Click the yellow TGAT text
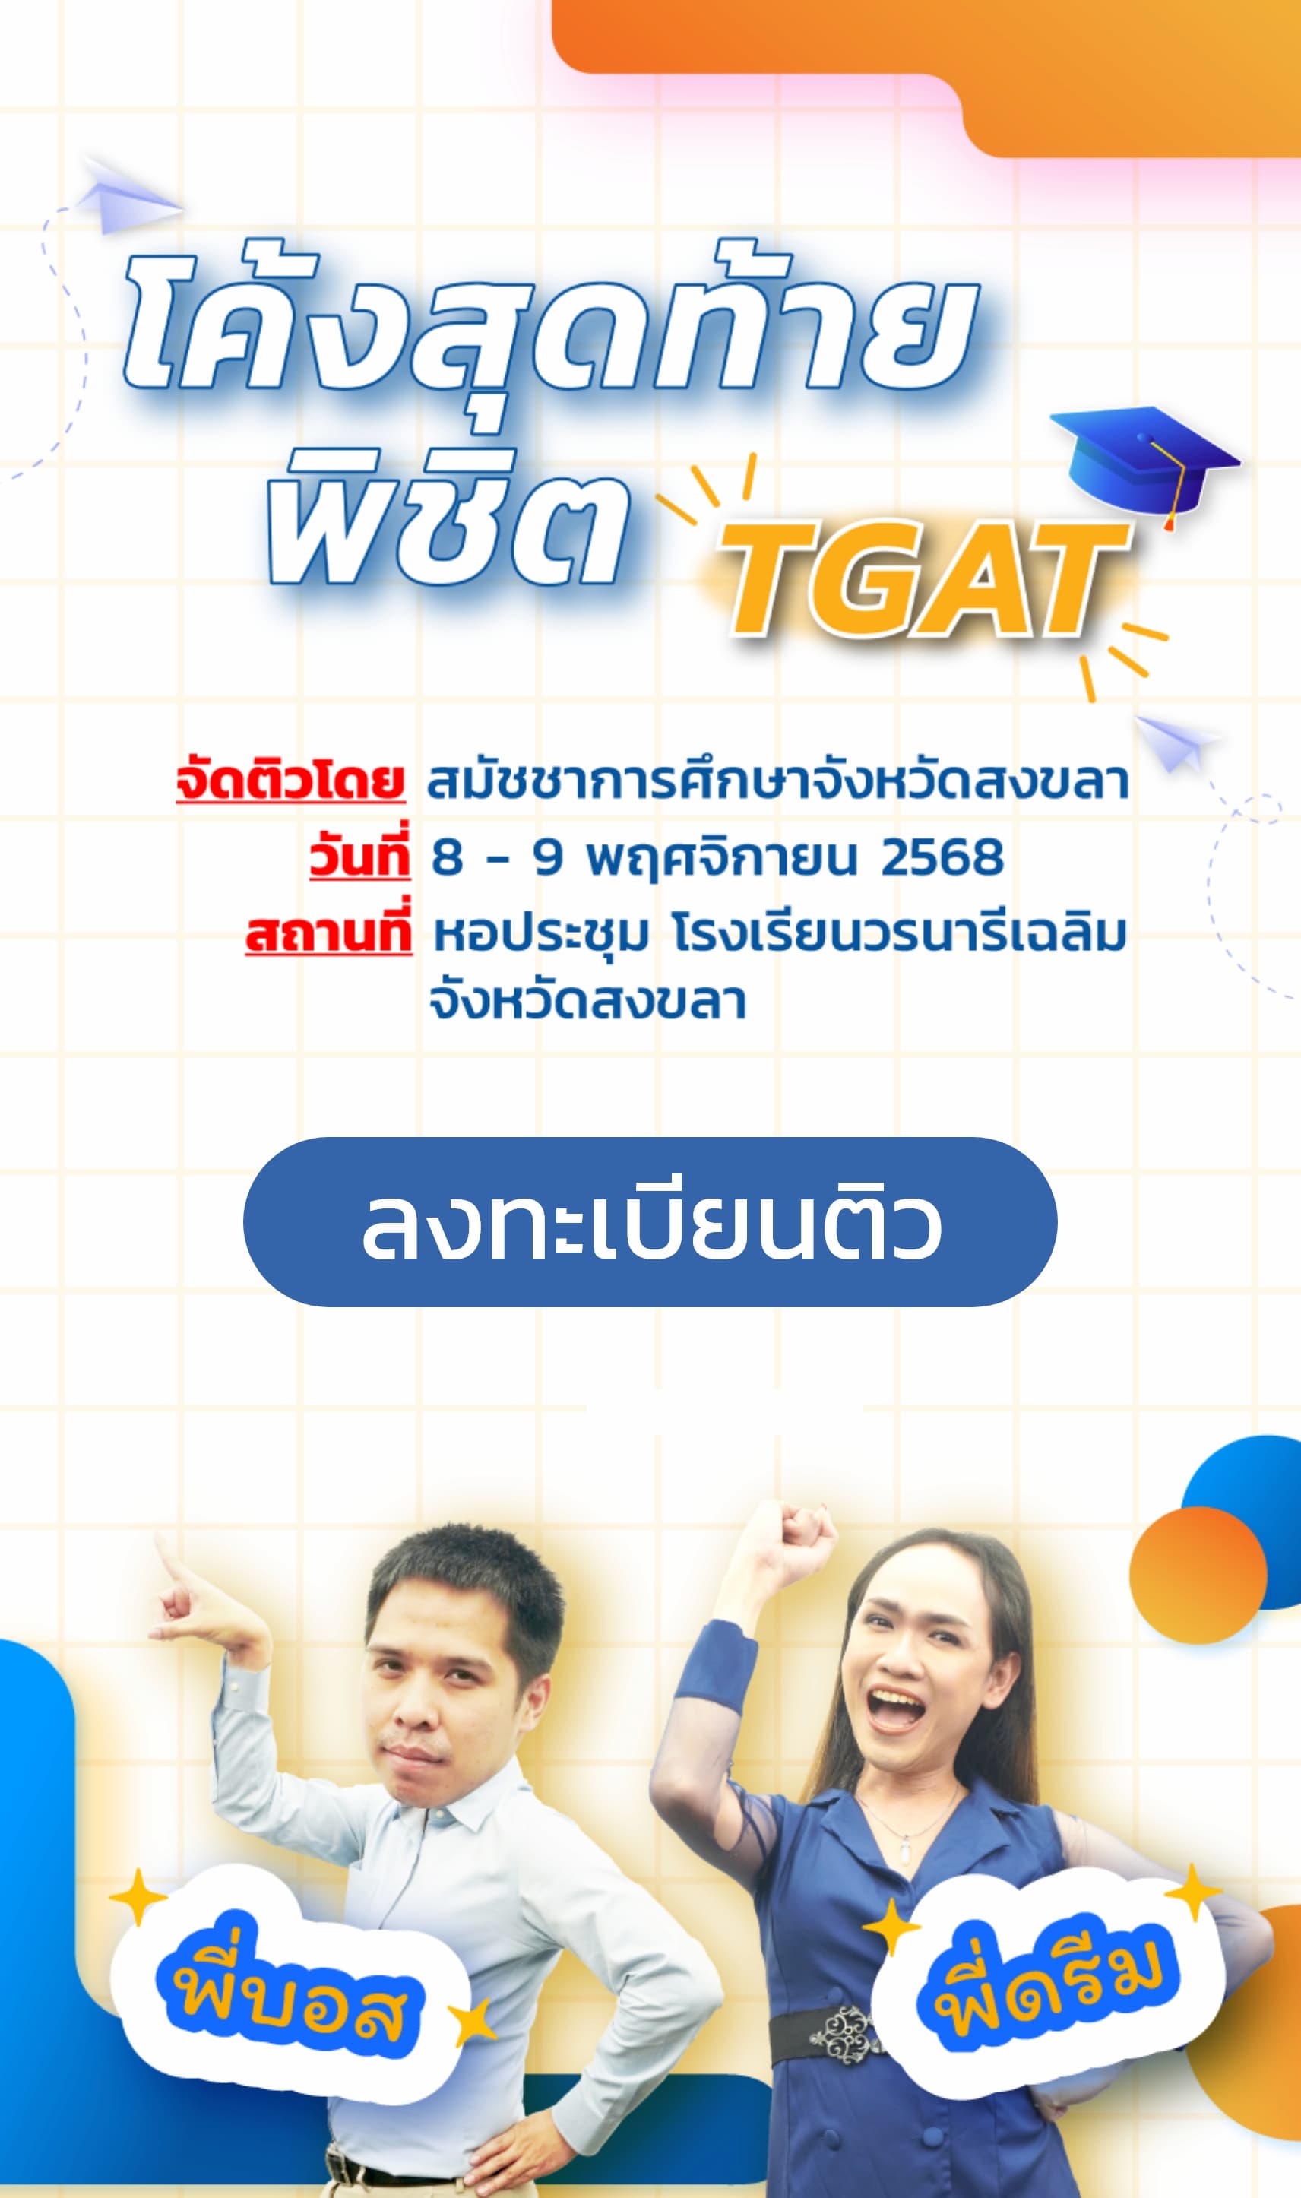coord(923,581)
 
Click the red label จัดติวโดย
coord(290,780)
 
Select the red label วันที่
coord(359,854)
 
